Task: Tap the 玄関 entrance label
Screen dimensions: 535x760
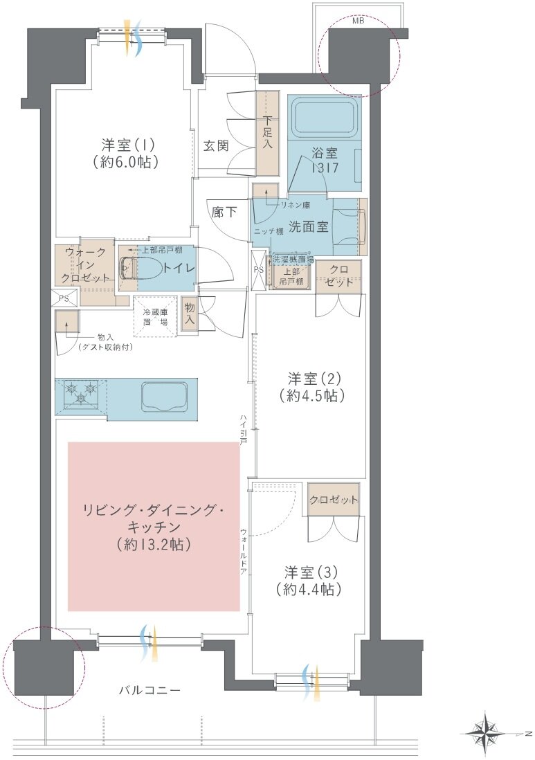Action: pos(216,145)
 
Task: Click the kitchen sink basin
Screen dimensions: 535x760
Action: pos(165,395)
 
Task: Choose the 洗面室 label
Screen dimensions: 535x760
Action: pos(309,226)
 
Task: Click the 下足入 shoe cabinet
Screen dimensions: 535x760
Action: pos(268,134)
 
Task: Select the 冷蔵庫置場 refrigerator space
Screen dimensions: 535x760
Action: pos(154,316)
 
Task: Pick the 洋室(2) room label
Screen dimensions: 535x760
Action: pos(311,378)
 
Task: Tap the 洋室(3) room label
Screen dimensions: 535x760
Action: pos(310,573)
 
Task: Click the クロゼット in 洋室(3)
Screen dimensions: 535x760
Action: pos(334,499)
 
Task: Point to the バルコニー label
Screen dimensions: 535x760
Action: pos(149,690)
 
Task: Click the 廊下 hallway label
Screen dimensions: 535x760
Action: pos(224,212)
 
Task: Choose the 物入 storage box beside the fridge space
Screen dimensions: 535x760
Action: pos(190,314)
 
